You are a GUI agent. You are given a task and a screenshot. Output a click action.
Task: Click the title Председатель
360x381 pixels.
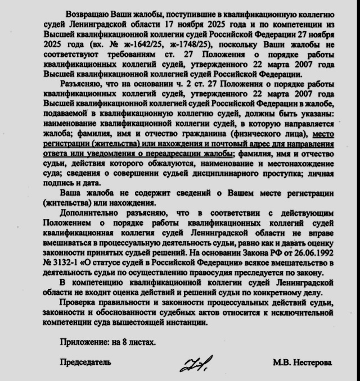[x=85, y=362]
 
